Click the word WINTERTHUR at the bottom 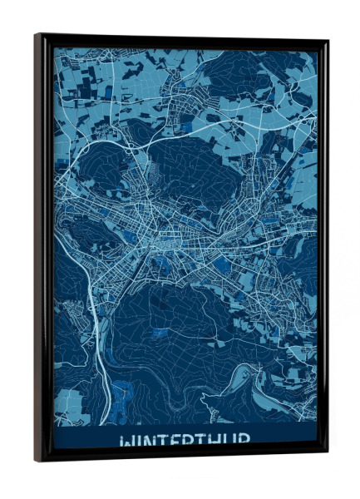pyautogui.click(x=185, y=441)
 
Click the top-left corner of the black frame pyautogui.click(x=36, y=35)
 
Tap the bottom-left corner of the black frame pyautogui.click(x=36, y=460)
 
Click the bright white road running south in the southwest pyautogui.click(x=98, y=333)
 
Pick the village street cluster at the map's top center pyautogui.click(x=179, y=83)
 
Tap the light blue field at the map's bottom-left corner pyautogui.click(x=71, y=408)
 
